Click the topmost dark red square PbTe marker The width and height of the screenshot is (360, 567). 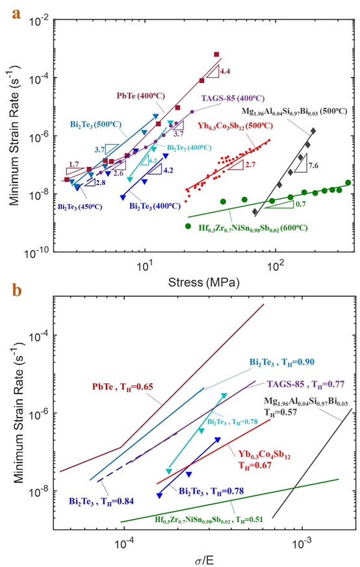[x=216, y=55]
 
